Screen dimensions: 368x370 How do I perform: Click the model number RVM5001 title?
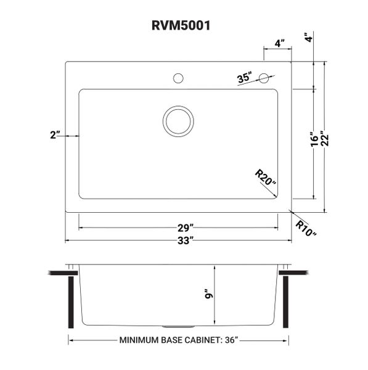181,25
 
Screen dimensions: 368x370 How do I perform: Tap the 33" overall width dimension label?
186,240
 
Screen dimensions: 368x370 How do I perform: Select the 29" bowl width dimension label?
186,228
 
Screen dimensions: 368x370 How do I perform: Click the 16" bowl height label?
315,139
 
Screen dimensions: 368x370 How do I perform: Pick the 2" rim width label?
55,135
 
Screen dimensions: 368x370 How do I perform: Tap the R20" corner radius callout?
266,177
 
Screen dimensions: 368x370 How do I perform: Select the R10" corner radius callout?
306,228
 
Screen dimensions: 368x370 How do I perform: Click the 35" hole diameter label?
244,78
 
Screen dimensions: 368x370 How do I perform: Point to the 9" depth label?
209,294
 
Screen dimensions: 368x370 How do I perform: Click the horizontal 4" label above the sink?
279,43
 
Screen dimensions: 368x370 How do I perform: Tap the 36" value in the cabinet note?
232,340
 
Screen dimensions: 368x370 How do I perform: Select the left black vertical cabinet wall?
71,302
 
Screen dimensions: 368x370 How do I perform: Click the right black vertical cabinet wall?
285,302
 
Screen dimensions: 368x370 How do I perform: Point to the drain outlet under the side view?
178,327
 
